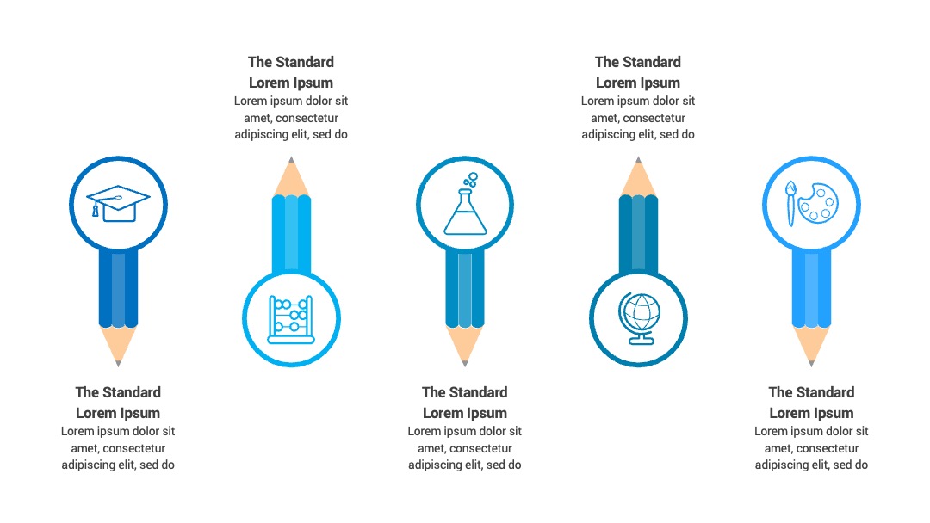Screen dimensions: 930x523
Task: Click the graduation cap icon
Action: tap(118, 203)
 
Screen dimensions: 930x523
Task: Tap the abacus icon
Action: tap(291, 319)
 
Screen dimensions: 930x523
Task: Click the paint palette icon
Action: tap(819, 202)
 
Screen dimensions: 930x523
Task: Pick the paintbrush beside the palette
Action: tap(790, 203)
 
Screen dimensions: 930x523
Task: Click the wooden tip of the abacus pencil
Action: tap(291, 176)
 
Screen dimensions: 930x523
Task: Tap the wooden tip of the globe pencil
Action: tap(638, 176)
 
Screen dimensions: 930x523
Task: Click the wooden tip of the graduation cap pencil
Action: tap(118, 345)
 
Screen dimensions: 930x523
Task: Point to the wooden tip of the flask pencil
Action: tap(465, 345)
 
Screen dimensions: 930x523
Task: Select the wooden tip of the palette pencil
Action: tap(811, 345)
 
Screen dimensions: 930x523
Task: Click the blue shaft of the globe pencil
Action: tap(638, 235)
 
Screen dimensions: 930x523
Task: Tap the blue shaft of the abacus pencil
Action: tap(291, 235)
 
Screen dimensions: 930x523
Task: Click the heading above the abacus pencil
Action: tap(291, 72)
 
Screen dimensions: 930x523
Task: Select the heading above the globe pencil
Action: tap(638, 72)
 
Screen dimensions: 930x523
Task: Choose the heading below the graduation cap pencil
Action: tap(118, 403)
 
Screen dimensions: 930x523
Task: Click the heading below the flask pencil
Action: tap(465, 403)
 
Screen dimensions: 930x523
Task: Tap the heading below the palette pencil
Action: tap(811, 403)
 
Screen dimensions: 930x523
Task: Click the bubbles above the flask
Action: tap(470, 180)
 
